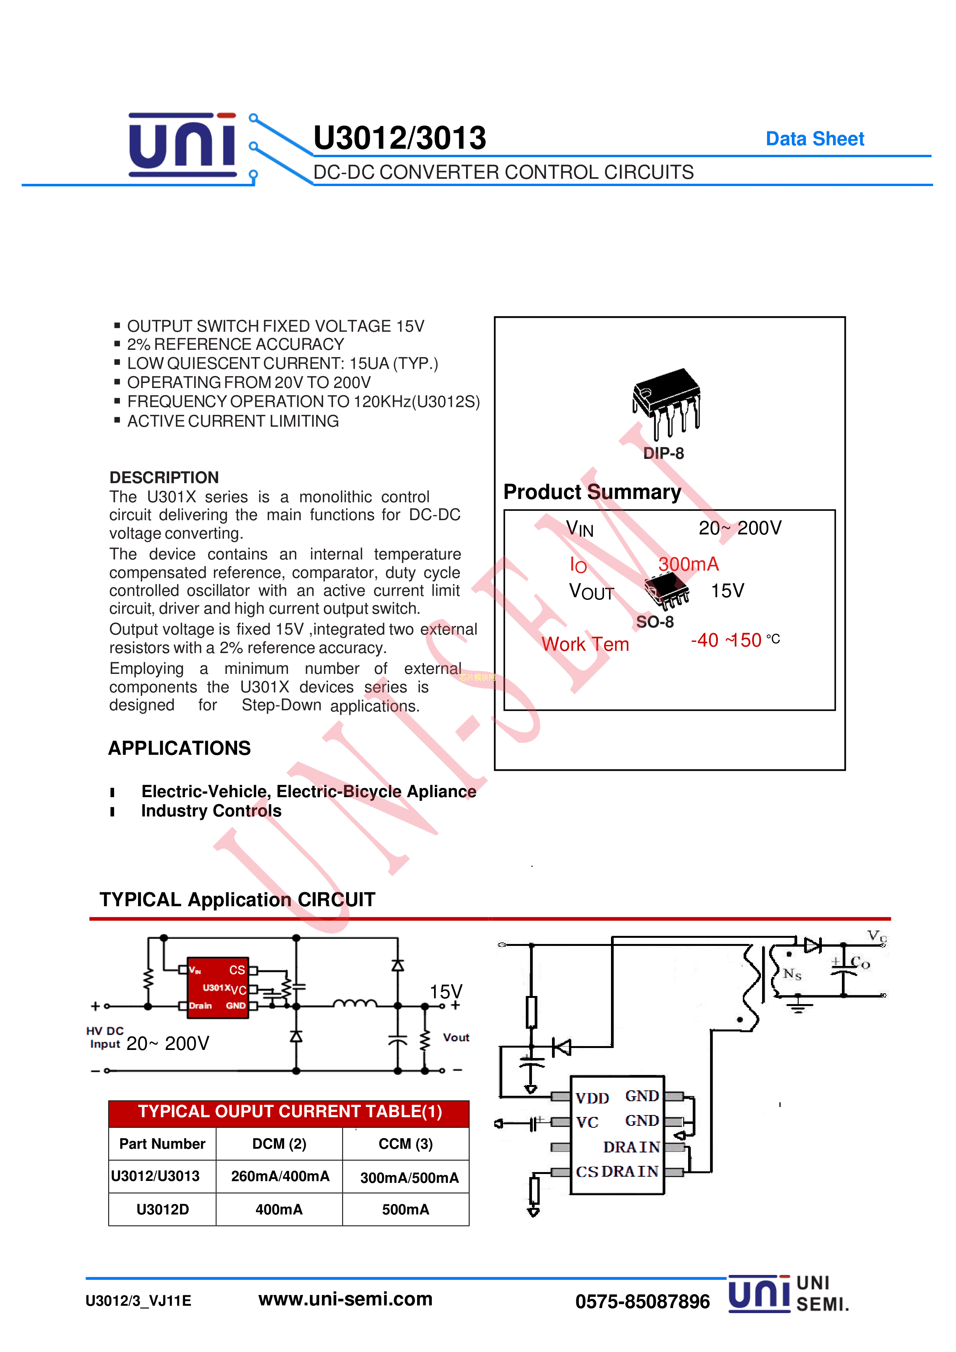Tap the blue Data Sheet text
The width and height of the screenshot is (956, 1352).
814,139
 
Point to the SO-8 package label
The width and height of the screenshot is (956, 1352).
655,622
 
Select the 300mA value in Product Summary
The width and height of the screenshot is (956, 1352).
688,564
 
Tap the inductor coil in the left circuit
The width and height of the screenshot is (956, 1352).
355,1003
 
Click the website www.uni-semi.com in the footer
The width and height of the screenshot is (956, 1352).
345,1298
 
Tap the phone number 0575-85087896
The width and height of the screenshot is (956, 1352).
642,1302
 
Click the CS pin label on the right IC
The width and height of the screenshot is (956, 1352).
587,1172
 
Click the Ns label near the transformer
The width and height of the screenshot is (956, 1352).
792,974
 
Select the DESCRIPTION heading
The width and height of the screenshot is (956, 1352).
164,477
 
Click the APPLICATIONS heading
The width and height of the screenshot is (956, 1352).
179,748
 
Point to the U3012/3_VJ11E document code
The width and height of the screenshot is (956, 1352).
138,1301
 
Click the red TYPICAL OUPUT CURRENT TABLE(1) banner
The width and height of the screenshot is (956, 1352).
289,1111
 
